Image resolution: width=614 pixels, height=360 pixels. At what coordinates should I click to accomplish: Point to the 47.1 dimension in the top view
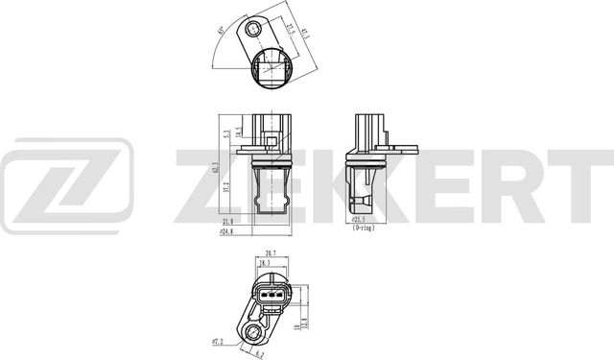click(306, 35)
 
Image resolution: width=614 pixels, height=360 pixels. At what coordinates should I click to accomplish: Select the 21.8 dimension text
click(227, 223)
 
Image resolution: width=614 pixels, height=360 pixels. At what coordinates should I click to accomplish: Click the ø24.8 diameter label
click(227, 232)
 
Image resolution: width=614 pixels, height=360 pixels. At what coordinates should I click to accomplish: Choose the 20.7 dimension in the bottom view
click(272, 253)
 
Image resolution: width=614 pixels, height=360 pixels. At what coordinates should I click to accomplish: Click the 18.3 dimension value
click(263, 262)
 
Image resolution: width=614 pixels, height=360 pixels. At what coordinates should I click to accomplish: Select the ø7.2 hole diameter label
click(218, 339)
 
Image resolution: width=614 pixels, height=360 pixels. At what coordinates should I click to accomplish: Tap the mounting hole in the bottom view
click(255, 332)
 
